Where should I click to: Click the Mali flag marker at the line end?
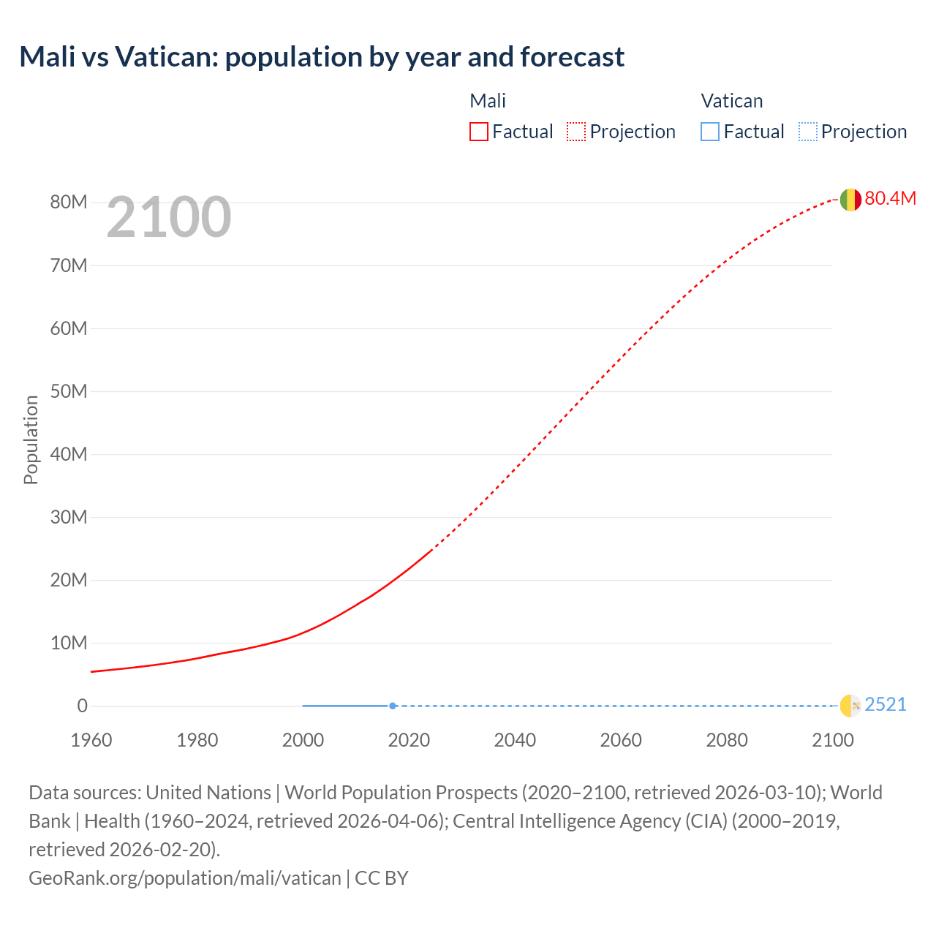pos(850,199)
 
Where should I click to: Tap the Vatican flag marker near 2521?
pos(850,706)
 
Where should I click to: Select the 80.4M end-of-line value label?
pos(890,198)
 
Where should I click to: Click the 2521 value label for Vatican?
pos(885,705)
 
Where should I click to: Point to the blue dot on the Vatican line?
pos(393,706)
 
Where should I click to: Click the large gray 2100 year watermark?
pos(169,217)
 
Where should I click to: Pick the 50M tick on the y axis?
pos(69,391)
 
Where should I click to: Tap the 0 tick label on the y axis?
pos(82,706)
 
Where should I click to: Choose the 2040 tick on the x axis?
pos(515,740)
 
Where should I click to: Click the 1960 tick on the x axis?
pos(91,740)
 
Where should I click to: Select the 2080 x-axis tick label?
pos(727,740)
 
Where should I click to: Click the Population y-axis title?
pos(31,439)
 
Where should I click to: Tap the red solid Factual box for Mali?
pos(479,132)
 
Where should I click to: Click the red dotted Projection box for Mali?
pos(576,132)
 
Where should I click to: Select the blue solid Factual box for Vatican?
pos(710,132)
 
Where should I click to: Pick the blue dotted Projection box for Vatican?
pos(807,132)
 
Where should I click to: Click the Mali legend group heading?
pos(488,101)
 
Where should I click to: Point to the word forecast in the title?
pos(573,57)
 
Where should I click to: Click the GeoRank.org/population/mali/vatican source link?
pos(184,878)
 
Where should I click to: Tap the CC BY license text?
pos(382,878)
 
